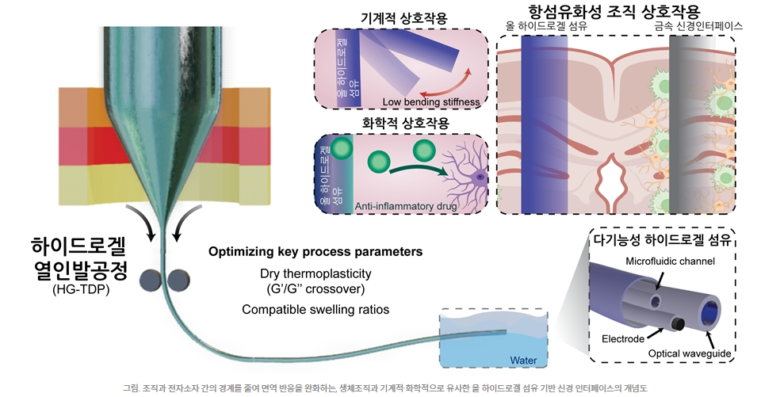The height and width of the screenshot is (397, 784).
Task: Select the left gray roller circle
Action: [150, 279]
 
